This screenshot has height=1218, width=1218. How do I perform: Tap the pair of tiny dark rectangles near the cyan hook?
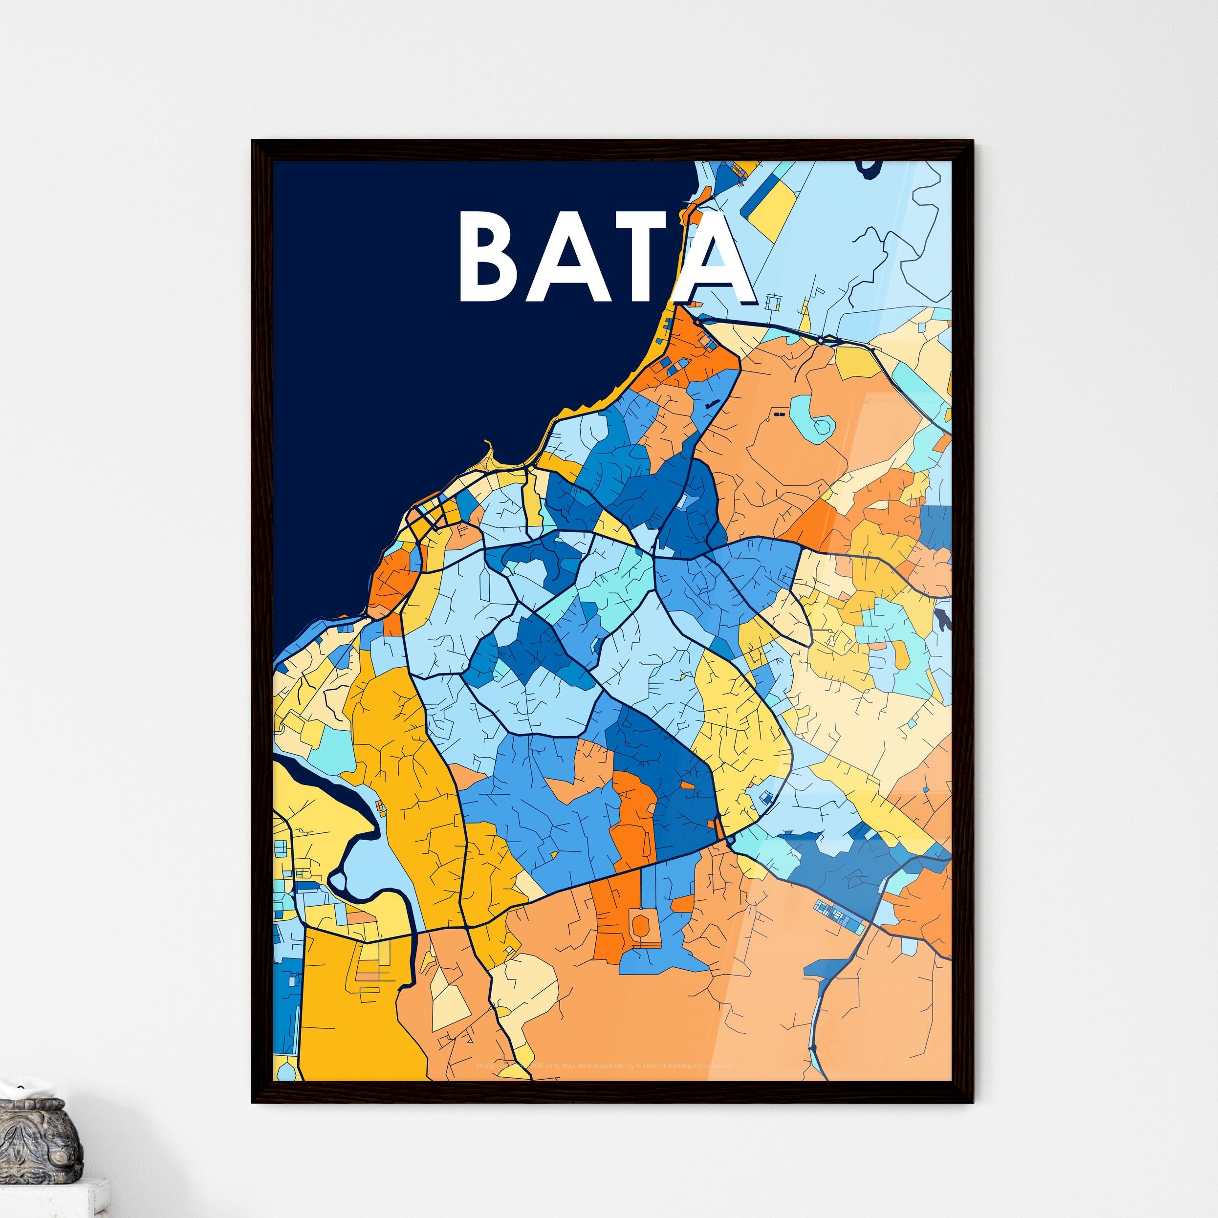coord(779,414)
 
